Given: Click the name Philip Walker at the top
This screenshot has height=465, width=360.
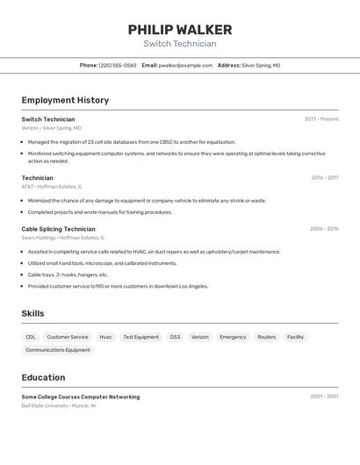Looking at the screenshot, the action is [x=180, y=30].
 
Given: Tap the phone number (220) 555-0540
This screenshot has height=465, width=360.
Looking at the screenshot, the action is [x=118, y=65].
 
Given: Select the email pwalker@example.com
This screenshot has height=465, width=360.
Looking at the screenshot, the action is [x=185, y=65].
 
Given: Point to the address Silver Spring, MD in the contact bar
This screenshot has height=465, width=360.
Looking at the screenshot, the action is [x=261, y=65].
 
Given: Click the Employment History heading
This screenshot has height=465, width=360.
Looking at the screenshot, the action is [x=65, y=100].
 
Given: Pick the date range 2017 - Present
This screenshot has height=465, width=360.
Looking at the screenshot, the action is [x=321, y=119].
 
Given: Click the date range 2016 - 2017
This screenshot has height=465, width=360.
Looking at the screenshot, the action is [x=324, y=178].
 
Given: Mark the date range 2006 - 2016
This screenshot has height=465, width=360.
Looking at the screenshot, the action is [x=323, y=229].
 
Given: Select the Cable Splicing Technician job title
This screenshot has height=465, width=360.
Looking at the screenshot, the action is [x=58, y=229].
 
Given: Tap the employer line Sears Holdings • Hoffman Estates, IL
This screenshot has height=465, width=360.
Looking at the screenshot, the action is [x=62, y=238].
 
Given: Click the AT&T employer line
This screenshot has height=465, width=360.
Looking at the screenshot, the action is [x=52, y=187].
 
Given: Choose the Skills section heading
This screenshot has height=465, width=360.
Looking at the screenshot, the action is [x=32, y=313].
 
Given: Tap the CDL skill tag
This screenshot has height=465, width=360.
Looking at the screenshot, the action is [x=31, y=337].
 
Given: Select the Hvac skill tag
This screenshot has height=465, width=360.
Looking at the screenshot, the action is [x=105, y=337].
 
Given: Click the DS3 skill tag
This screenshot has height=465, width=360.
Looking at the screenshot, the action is [x=175, y=337].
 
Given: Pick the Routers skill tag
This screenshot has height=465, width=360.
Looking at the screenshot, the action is [x=266, y=337].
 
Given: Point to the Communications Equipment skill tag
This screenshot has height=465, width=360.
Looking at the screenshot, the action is [x=58, y=350].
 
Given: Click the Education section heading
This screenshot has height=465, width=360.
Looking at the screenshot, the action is [x=43, y=377].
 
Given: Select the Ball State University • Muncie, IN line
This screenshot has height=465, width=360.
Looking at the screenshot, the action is [x=59, y=406].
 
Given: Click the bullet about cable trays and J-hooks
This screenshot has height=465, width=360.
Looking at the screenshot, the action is [x=68, y=275].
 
